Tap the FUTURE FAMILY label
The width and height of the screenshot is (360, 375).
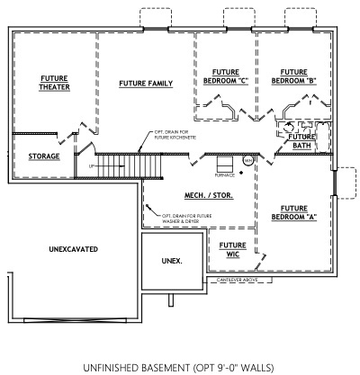(x=146, y=84)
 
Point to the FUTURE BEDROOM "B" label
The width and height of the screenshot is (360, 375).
(x=297, y=76)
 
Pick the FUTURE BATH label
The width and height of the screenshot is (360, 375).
(x=301, y=140)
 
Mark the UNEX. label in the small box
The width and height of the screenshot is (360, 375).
(x=172, y=261)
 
